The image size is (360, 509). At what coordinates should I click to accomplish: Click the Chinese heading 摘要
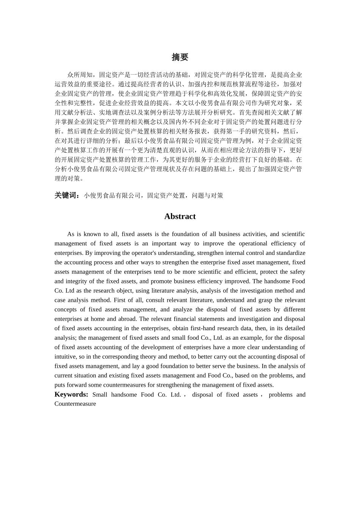pos(180,57)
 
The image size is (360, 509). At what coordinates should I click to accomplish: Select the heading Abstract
pos(180,216)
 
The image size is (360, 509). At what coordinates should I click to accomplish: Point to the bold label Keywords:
pos(71,394)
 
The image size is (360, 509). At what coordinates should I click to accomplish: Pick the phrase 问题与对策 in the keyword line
pos(207,195)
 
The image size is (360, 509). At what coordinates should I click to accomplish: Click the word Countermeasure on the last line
pos(75,404)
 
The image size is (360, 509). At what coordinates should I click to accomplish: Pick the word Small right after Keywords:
pos(100,395)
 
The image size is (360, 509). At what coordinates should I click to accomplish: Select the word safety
pos(297,272)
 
